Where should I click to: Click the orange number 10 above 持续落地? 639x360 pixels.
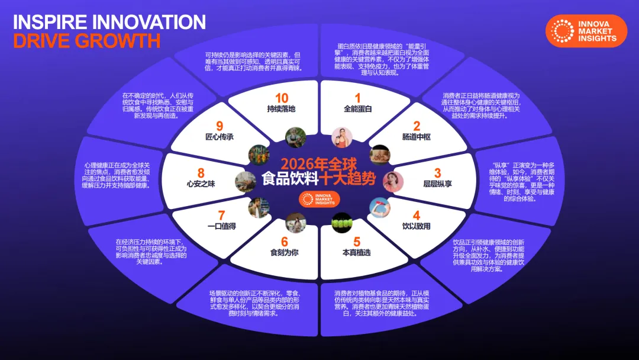pos(281,98)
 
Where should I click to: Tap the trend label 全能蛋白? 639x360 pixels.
pos(357,109)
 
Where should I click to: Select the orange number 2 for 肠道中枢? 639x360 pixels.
pos(417,126)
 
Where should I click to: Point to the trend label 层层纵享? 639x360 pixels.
pos(438,184)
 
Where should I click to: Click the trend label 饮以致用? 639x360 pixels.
pos(417,226)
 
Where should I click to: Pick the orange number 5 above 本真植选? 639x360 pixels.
pos(357,242)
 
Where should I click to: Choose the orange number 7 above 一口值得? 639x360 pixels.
pos(222,216)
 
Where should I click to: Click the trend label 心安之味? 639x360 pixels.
pos(201,184)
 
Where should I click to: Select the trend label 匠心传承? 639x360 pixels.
pos(220,137)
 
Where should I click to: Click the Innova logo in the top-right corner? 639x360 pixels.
pos(586,31)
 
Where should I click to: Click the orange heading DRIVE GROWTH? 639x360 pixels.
pos(87,41)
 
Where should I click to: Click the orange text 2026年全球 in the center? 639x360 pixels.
pos(319,164)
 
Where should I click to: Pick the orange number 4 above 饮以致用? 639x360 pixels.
pos(417,215)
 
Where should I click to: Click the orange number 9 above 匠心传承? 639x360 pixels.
pos(220,126)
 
